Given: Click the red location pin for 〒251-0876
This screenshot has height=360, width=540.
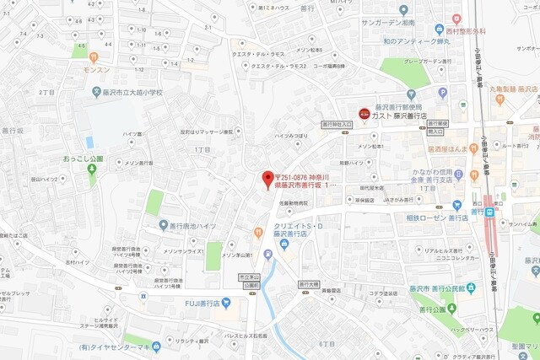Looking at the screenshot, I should (267, 178).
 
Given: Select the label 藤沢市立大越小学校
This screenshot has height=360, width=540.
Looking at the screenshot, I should (129, 92).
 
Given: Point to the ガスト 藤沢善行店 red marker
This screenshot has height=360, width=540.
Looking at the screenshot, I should (364, 112).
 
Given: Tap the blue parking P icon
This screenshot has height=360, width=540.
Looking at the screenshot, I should (442, 92).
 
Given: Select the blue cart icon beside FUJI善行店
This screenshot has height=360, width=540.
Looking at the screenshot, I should (224, 302).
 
